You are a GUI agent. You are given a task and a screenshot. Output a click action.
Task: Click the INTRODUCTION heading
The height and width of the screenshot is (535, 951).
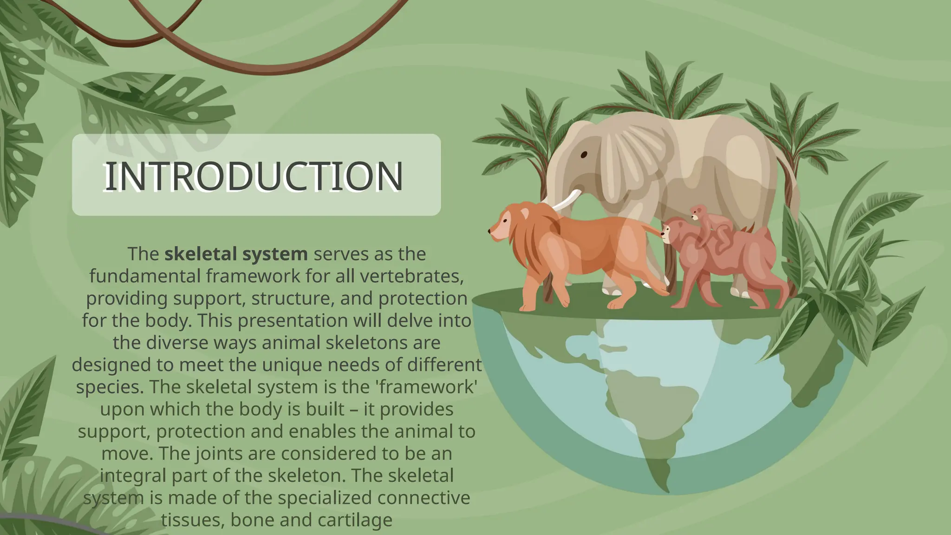pos(254,176)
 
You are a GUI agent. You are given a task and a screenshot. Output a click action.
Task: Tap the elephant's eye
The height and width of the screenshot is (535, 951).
pos(584,155)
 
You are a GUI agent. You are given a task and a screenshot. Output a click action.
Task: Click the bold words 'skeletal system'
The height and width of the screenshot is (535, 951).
pos(236,254)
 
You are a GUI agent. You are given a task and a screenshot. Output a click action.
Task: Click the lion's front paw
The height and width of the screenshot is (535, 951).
pos(527,307)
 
